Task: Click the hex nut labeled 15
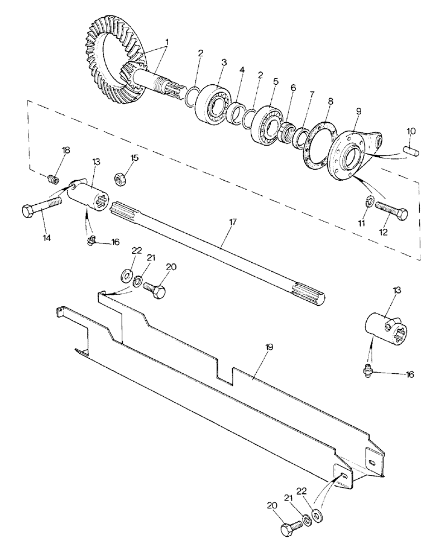[119, 179]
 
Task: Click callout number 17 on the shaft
[233, 222]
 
